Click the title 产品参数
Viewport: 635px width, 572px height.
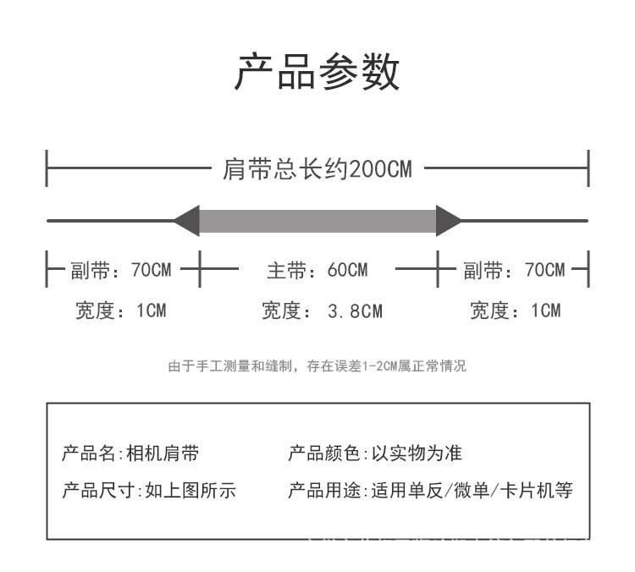[317, 72]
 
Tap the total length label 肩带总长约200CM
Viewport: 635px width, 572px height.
[317, 168]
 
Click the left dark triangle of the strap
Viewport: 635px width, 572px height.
[187, 221]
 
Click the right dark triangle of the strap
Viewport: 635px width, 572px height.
[449, 221]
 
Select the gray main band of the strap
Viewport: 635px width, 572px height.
[317, 221]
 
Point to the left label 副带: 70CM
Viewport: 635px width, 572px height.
[121, 270]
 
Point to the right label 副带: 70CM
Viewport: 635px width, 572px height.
[514, 270]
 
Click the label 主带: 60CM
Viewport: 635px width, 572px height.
[317, 270]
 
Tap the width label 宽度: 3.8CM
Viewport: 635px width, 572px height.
[322, 311]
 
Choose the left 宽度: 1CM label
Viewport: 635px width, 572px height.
[121, 311]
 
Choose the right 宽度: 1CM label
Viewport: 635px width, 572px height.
[516, 311]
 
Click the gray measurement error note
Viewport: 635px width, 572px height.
[317, 366]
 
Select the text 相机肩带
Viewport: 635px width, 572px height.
[163, 453]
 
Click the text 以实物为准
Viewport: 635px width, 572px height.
[417, 453]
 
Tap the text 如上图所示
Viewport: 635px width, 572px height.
[190, 490]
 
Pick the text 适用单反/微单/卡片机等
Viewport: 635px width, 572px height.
[472, 490]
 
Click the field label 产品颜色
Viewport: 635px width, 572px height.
[324, 453]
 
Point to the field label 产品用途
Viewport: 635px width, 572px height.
[324, 490]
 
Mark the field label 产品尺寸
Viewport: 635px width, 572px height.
[98, 490]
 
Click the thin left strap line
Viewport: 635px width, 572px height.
[111, 221]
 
